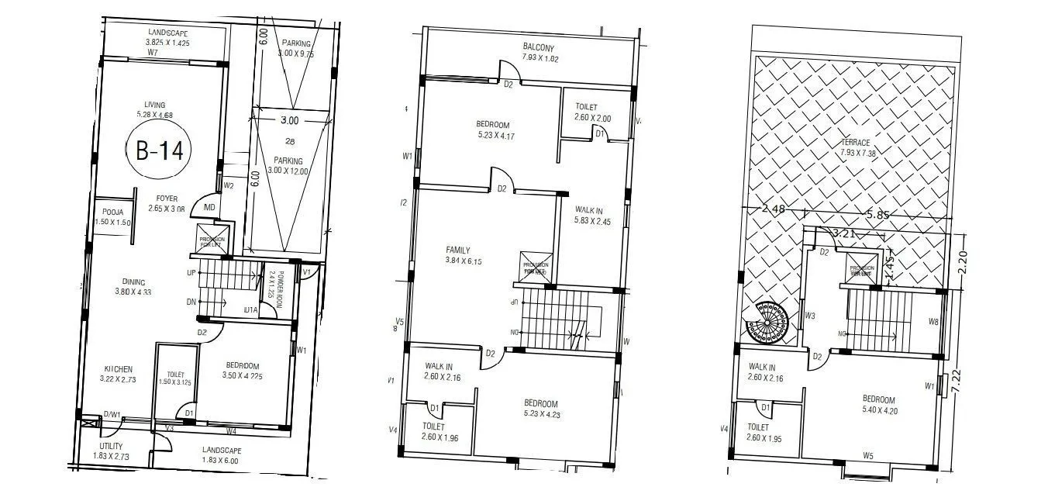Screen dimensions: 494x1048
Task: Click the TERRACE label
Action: tap(854, 143)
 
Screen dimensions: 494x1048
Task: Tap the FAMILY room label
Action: tap(458, 250)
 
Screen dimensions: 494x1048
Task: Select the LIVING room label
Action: tap(154, 105)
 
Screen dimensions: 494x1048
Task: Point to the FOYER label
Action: tap(167, 198)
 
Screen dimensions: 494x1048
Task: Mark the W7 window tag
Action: tap(153, 53)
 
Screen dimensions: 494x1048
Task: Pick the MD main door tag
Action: tap(209, 207)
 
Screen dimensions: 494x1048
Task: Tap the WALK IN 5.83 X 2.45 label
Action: tap(593, 216)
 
